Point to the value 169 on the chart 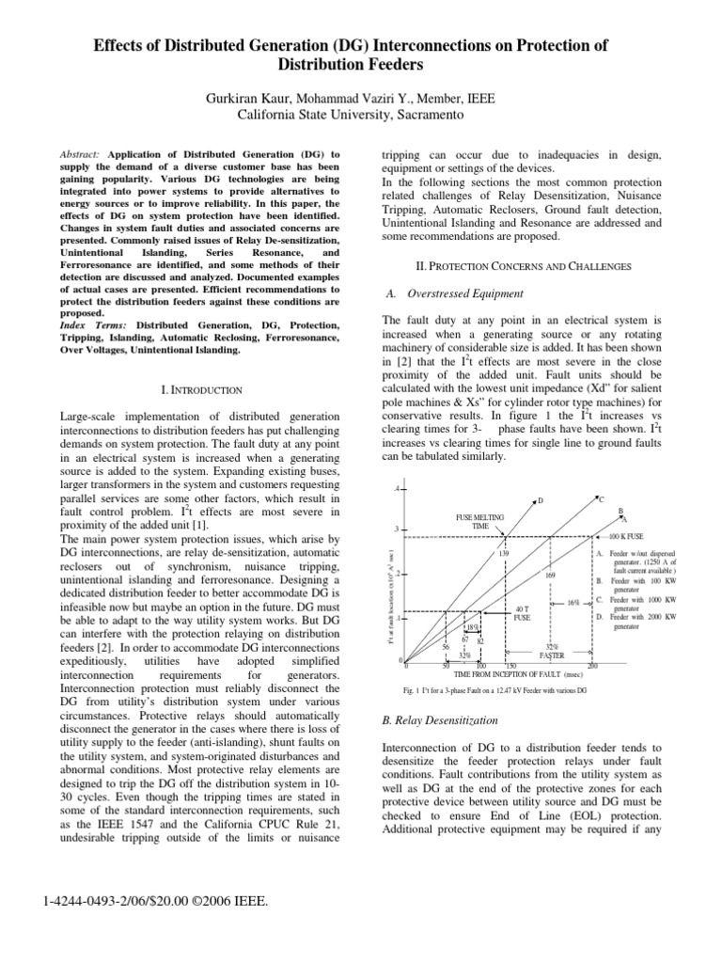click(551, 576)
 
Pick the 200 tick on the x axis click(591, 666)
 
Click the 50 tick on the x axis click(445, 666)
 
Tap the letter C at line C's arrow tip click(601, 498)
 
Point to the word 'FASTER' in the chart click(553, 655)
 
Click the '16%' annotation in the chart click(573, 602)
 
